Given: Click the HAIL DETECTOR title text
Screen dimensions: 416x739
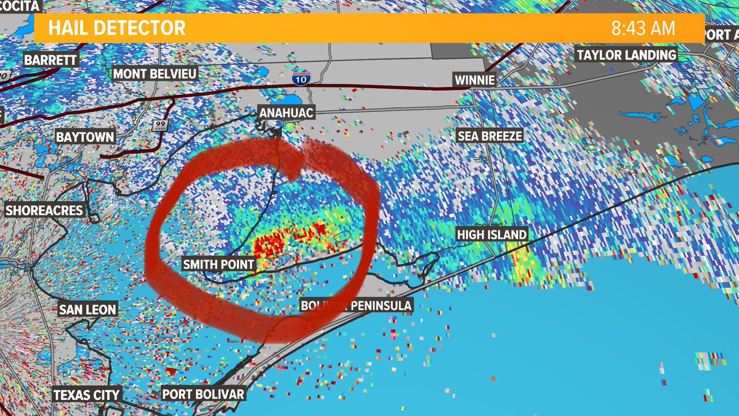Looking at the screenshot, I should tap(116, 28).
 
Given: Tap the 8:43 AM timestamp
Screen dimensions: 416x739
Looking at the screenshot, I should tap(643, 28).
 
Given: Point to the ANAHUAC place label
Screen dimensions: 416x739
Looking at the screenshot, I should tap(287, 112).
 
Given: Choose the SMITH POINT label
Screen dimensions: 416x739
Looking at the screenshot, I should tap(219, 264).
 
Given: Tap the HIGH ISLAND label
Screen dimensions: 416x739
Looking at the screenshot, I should tap(491, 234).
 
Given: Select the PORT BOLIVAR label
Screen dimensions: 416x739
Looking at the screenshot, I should tap(203, 394).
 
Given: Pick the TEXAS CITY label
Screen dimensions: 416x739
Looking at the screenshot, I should tap(86, 394).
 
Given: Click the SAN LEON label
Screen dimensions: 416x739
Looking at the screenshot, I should tap(87, 309).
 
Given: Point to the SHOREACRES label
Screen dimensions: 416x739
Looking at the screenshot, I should tap(44, 210).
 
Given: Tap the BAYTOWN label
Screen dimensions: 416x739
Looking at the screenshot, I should tap(85, 136).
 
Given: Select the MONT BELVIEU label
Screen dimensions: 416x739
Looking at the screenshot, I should tap(155, 74).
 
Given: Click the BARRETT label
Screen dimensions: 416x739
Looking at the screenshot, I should tap(50, 60).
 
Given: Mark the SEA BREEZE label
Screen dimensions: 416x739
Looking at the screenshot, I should tap(490, 136).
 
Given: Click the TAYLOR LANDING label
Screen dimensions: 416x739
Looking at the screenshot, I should tap(626, 55).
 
